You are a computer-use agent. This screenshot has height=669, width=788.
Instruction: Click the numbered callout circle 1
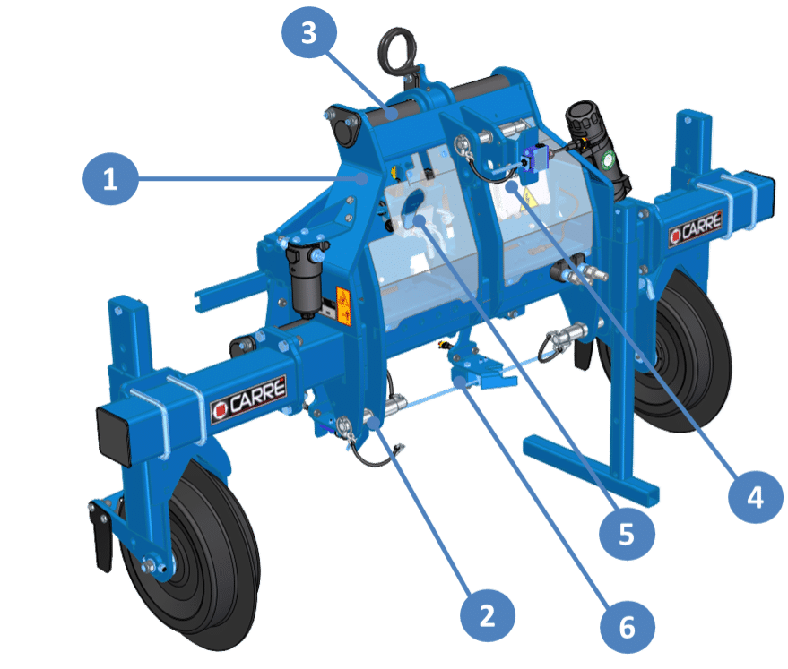110,178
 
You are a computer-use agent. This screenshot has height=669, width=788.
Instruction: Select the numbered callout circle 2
488,615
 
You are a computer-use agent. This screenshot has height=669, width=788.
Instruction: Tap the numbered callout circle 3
309,32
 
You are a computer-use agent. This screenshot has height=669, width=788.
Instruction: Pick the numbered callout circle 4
756,497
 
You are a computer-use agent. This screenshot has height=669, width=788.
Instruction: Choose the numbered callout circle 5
627,533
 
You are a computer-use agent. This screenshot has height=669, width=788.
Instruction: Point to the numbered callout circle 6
628,627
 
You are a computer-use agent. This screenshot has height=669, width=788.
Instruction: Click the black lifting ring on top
397,50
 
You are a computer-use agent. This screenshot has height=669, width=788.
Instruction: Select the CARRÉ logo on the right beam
696,228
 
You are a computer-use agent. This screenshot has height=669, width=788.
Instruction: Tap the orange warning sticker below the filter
343,305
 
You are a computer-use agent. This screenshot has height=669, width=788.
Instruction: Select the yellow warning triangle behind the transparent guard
528,199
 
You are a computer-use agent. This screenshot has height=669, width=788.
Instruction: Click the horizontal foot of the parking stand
591,471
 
